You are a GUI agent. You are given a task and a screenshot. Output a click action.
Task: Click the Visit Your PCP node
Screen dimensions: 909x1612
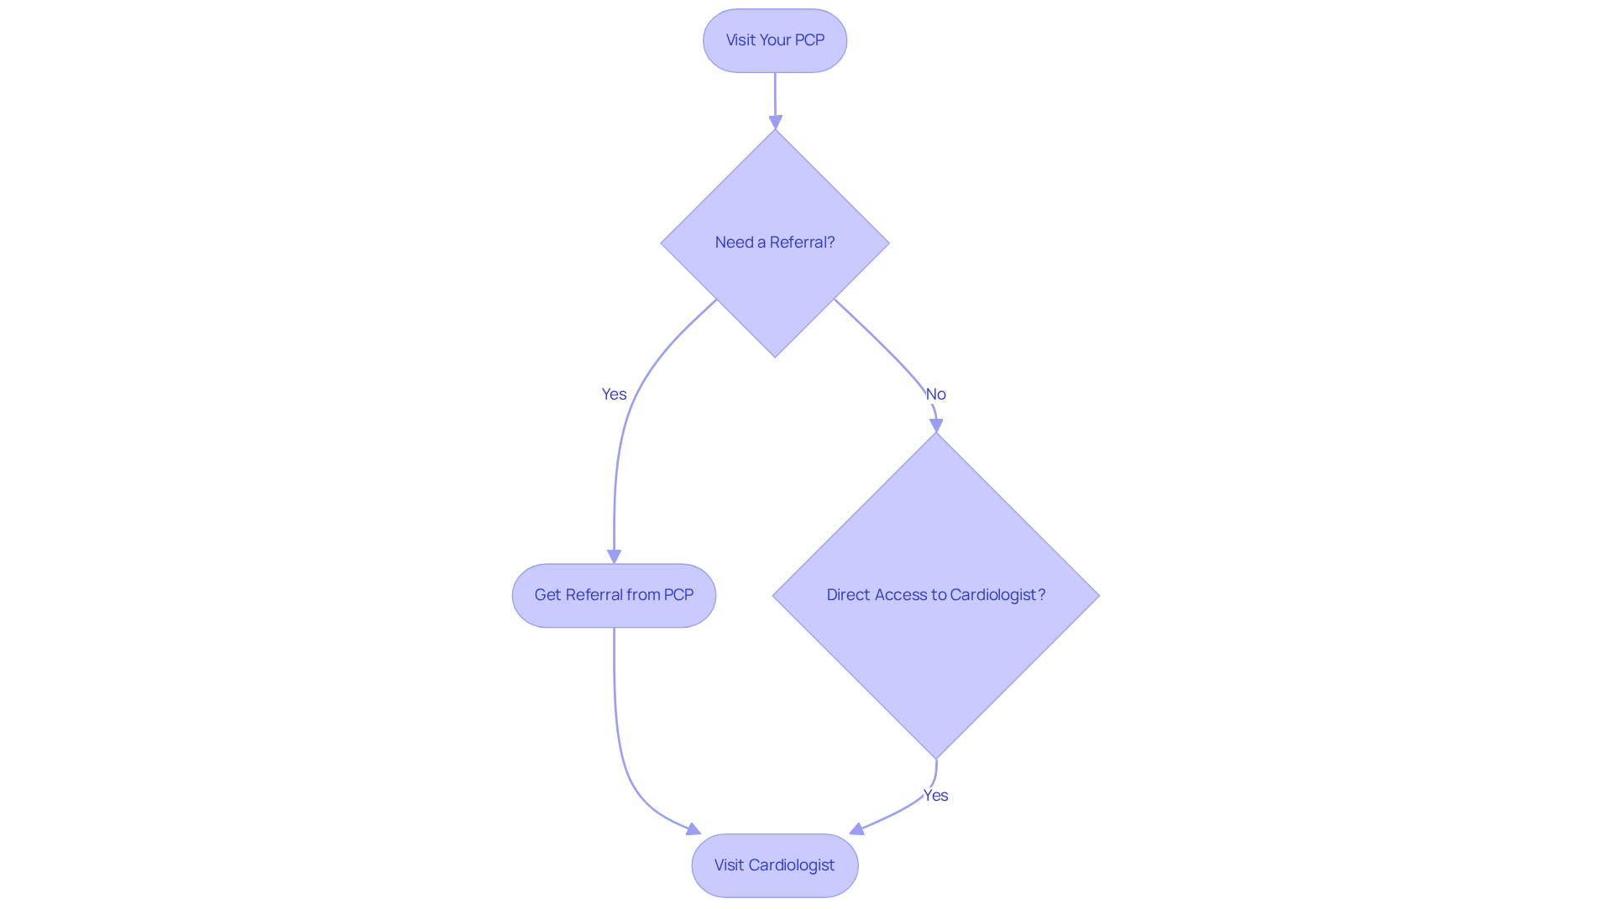point(774,40)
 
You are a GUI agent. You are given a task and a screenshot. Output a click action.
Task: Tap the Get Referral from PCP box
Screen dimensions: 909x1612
point(614,595)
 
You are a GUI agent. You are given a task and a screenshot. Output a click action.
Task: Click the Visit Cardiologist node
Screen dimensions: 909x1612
point(774,865)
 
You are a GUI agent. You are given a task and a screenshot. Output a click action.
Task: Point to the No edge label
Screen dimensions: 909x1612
point(935,394)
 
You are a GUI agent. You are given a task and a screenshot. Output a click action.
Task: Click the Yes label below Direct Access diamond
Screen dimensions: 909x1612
point(935,796)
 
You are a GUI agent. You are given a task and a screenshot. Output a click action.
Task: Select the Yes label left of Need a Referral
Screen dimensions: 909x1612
point(614,394)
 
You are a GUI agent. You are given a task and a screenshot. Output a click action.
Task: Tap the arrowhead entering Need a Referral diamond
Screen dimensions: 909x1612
point(775,123)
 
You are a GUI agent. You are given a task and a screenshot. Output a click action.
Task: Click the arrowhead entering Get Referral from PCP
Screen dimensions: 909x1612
point(614,556)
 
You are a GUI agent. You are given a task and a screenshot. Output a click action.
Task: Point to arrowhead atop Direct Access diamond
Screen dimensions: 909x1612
point(936,426)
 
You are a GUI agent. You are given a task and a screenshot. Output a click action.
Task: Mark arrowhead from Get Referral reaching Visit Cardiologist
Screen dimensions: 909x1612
point(693,830)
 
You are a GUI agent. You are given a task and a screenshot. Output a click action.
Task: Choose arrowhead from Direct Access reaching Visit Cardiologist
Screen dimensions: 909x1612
point(856,829)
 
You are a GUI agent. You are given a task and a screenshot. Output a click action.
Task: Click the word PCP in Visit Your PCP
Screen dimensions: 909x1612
point(809,40)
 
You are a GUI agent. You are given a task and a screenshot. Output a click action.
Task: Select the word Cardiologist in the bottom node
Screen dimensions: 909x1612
point(791,865)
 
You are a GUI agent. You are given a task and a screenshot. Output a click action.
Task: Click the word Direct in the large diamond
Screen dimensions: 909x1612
point(848,595)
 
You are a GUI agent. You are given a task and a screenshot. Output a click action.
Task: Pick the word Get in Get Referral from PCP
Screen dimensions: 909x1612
point(547,595)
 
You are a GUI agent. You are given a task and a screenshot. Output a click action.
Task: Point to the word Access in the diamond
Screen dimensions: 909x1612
point(900,595)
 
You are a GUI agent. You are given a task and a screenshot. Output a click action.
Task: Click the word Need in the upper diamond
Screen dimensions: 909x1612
point(733,243)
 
